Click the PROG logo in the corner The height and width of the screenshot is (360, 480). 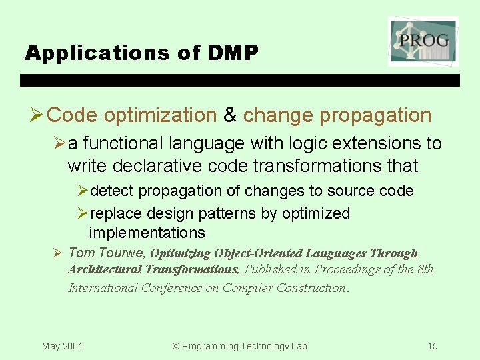(423, 41)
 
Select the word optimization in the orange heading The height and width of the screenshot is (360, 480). (160, 115)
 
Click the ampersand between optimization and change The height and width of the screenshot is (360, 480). (230, 115)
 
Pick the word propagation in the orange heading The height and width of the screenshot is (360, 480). (375, 115)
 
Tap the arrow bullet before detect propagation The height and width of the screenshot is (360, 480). (82, 191)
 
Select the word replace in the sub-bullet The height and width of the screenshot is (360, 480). (113, 213)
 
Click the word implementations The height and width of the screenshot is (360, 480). (147, 233)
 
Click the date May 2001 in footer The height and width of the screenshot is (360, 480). (62, 346)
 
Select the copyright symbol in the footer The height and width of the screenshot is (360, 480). (176, 346)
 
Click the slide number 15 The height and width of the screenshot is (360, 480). (433, 346)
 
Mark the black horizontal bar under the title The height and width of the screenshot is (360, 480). (240, 80)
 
